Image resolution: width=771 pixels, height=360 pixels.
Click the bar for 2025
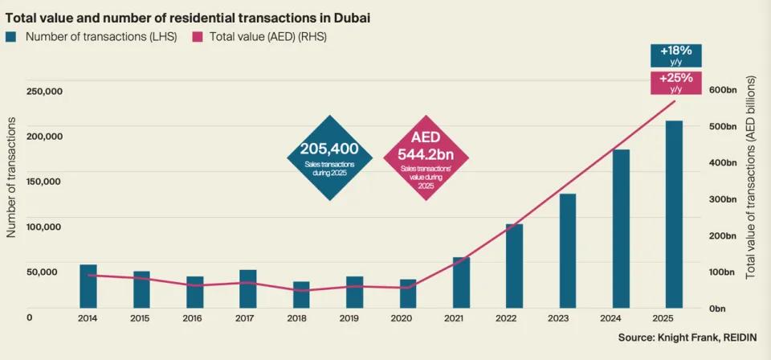pos(674,215)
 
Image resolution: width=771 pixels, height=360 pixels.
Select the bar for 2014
pos(88,286)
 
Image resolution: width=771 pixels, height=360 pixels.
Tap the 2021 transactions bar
pos(461,283)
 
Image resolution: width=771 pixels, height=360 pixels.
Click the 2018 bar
pos(301,295)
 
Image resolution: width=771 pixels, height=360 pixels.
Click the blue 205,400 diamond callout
pos(329,157)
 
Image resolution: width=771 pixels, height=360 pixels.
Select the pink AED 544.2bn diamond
pos(427,157)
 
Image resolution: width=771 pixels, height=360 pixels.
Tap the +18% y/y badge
pos(675,56)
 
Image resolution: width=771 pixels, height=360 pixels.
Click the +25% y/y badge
pos(675,82)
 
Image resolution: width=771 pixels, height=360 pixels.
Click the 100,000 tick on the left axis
pos(44,227)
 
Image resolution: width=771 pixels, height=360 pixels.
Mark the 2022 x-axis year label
pos(514,318)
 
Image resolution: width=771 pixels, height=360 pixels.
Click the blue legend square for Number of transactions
pos(11,36)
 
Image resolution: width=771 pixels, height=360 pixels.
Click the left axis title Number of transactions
pos(12,177)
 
